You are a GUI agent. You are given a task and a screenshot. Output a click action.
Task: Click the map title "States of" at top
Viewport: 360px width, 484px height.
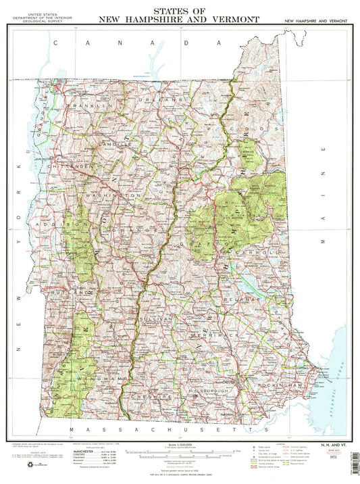178,11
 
